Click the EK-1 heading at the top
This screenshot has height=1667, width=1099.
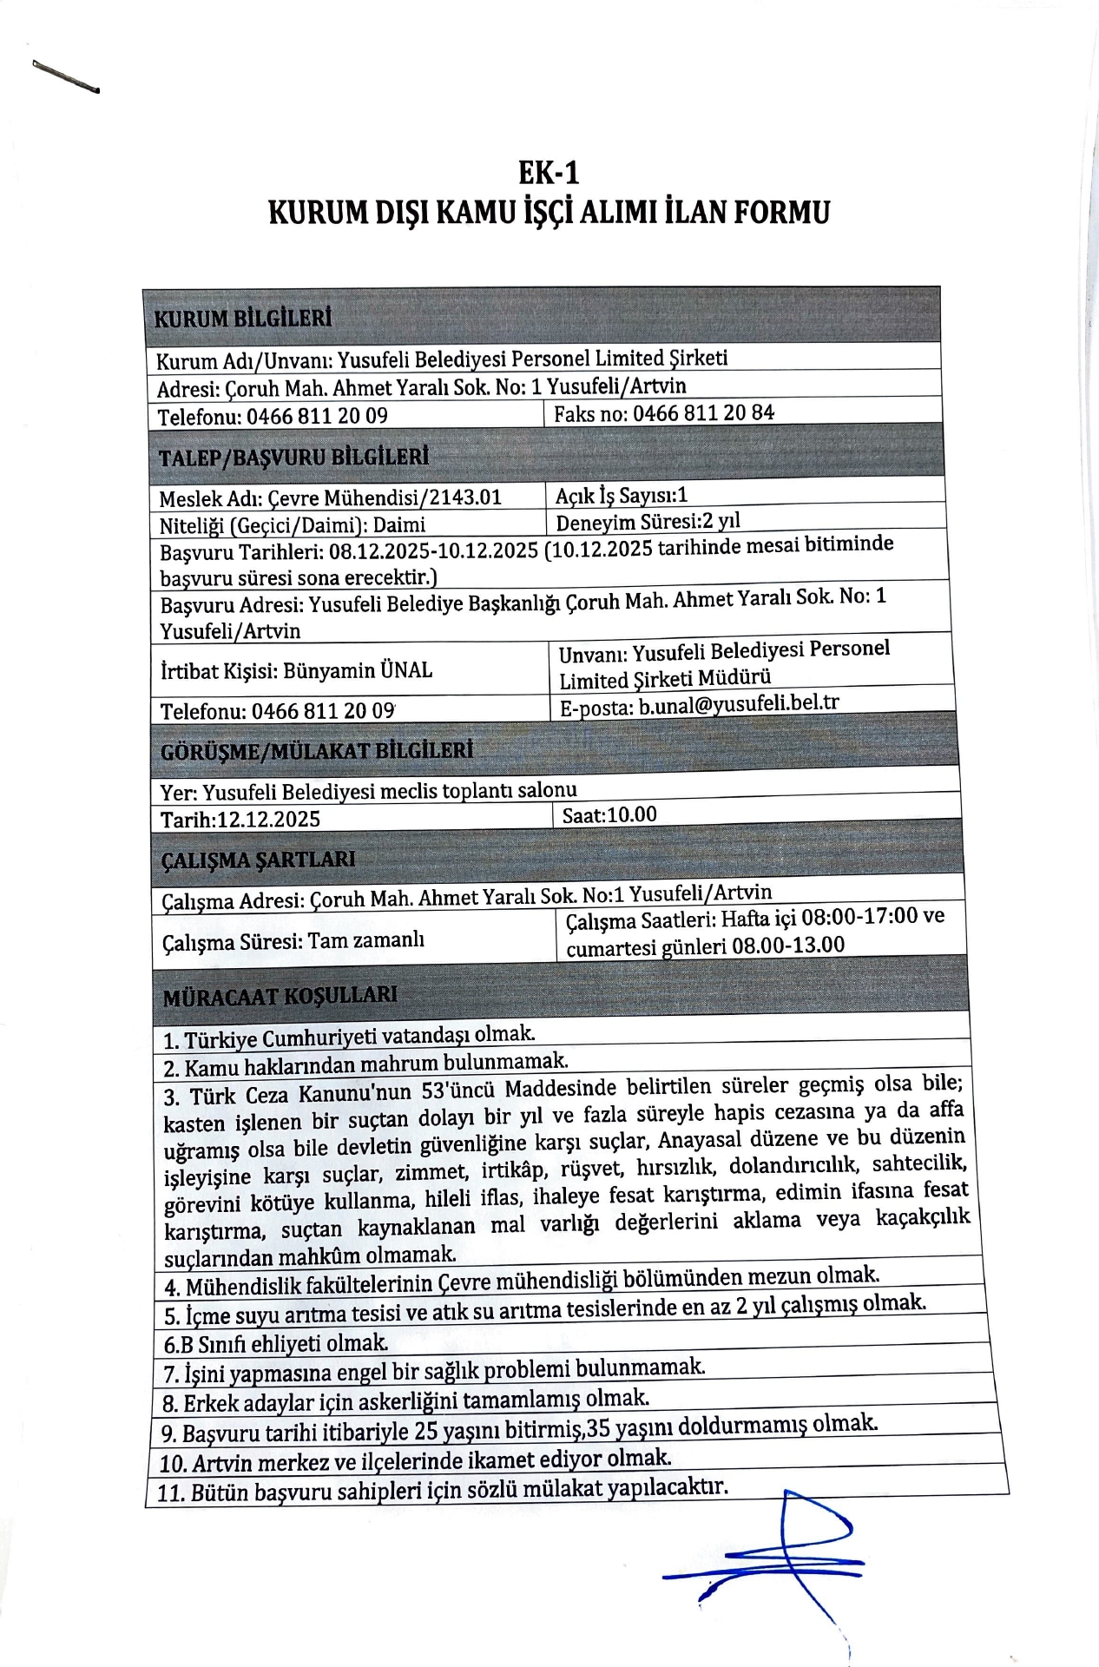[549, 173]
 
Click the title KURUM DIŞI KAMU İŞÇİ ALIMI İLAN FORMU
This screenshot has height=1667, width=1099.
[549, 213]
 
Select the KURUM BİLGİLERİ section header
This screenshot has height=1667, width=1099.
[243, 318]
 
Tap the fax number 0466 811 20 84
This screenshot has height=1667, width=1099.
[703, 412]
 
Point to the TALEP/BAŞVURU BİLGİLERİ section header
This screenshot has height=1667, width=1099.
[293, 457]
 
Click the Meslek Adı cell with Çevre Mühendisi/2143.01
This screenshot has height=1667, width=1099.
[331, 497]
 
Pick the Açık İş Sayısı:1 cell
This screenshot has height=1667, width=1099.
[622, 495]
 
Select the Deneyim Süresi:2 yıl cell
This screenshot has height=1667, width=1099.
[648, 522]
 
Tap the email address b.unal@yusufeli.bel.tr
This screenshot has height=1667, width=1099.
[739, 704]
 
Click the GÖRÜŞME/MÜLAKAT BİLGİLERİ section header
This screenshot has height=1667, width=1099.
[317, 750]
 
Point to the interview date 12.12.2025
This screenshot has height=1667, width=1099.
[268, 819]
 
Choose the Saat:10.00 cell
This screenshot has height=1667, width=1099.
[609, 814]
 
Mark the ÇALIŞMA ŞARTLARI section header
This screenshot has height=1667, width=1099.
[259, 860]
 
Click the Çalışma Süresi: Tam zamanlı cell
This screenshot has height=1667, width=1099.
[293, 940]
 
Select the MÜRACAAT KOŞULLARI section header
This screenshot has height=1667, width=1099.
[280, 996]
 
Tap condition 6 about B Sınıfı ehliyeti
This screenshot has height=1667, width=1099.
[276, 1343]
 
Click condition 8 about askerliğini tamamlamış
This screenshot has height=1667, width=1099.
[405, 1400]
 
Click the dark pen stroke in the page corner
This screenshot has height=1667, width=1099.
[66, 76]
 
